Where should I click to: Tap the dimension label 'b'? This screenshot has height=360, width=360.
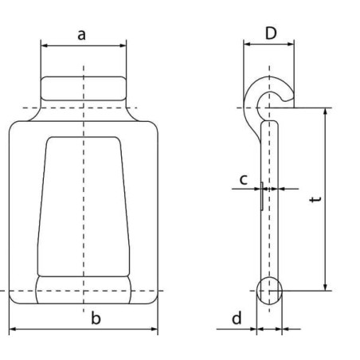point(96,319)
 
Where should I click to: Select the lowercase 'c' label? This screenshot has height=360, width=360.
point(245,179)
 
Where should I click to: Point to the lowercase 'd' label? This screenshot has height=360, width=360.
point(237,319)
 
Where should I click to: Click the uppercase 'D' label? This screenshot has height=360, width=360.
point(270,33)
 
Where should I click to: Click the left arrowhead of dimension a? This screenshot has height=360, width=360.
point(44,46)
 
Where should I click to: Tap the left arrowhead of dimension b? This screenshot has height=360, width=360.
point(12,330)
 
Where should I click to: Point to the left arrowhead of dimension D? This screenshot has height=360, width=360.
point(246,46)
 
